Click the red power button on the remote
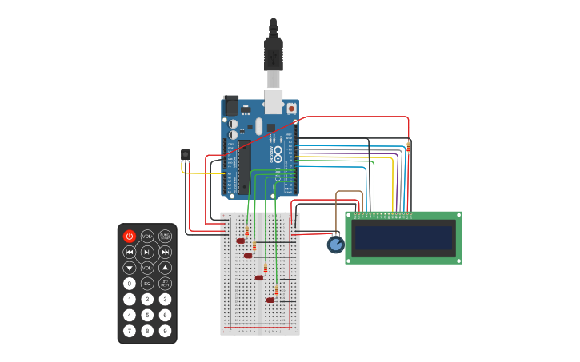coord(130,236)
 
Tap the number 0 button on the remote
coord(130,283)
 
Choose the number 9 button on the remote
coord(165,330)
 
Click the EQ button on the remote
coord(147,283)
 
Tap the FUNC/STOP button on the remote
coord(165,236)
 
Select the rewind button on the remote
coord(130,252)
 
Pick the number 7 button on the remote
coord(130,330)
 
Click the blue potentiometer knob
coord(336,245)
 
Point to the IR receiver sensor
coord(186,155)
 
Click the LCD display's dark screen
coord(403,237)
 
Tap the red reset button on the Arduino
coord(291,108)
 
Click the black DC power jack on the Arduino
coord(231,105)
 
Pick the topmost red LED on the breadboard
coord(240,241)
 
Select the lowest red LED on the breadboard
coord(270,300)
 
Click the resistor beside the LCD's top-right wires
coord(409,146)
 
